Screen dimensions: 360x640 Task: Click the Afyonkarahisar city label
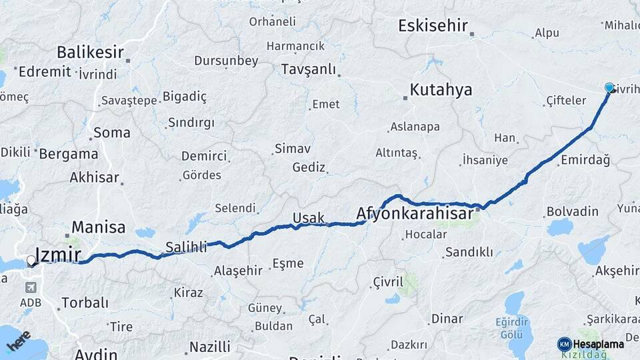coord(415,213)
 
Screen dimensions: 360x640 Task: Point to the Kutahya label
coord(441,89)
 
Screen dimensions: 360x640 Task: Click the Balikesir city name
coord(90,52)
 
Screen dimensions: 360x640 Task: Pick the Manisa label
coord(98,227)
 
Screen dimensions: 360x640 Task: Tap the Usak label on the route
coord(308,218)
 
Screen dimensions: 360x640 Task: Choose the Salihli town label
coord(186,247)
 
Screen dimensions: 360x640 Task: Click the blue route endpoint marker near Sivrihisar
coord(609,87)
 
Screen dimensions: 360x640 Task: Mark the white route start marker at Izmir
coord(31,260)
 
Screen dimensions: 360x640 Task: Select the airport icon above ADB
coord(30,287)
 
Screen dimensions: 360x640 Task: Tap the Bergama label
coord(69,154)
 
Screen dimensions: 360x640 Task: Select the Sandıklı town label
coord(469,252)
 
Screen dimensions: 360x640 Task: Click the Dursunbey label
coord(226,61)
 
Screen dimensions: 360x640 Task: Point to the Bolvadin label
coord(572,211)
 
